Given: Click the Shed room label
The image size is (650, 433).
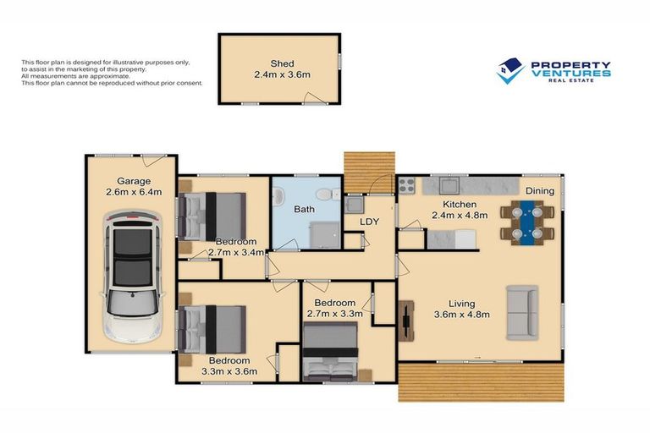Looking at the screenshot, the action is point(283,63).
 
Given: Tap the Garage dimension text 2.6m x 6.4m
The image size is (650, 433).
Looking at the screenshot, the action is point(134,192).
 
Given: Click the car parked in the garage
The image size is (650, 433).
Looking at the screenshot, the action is point(132,277).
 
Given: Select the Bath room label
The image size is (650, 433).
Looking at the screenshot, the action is point(304,209).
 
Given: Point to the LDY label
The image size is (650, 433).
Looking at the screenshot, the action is point(369,222).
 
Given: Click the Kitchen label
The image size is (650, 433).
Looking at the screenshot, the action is point(460,205).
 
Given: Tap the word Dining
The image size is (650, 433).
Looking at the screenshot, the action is point(540,190).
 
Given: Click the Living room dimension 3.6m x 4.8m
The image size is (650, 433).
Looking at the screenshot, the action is point(462,315).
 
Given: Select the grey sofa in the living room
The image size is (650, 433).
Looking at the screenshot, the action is point(522,312).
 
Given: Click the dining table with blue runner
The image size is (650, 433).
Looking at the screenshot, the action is point(527,222).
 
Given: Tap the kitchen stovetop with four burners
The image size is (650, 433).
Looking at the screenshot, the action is point(406,185).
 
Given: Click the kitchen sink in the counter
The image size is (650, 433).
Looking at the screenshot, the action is point(449,185).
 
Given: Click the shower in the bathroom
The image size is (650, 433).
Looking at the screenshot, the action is point(325,235).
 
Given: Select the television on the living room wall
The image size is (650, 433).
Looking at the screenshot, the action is point(406,321).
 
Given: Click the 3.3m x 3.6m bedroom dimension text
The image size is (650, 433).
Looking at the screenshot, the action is point(229,371).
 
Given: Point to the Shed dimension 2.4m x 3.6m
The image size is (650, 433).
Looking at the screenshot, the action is point(282,75).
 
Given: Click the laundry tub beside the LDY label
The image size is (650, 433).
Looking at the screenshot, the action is point(354,205).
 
